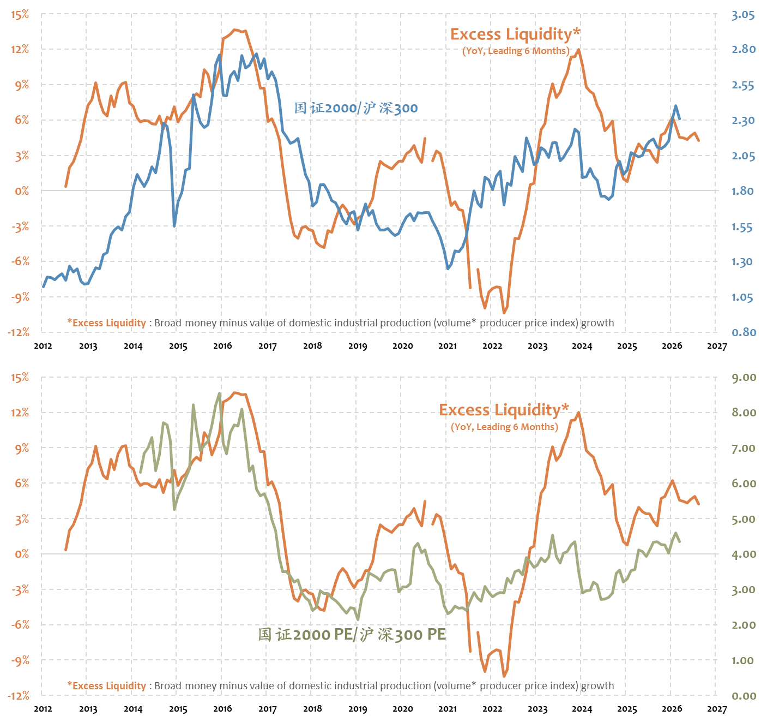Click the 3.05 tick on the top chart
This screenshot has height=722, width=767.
(x=743, y=15)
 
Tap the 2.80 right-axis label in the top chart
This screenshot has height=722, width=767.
(x=744, y=49)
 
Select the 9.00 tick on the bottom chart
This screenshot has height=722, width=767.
(x=744, y=378)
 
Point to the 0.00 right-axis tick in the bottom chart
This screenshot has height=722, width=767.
(x=744, y=696)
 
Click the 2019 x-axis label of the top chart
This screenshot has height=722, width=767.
(x=358, y=346)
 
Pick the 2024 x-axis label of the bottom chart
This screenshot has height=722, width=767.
(x=582, y=709)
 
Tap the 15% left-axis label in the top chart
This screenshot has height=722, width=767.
(x=20, y=15)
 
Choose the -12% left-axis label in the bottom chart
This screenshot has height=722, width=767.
(x=19, y=696)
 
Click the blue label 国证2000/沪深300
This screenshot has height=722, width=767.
(x=356, y=108)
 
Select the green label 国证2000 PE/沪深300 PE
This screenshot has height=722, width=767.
(x=352, y=634)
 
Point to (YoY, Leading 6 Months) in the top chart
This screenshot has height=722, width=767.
(x=516, y=51)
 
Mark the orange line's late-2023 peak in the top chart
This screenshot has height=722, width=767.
(x=578, y=50)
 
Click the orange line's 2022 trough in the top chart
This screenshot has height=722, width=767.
(x=504, y=313)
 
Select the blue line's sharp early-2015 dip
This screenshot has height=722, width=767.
(x=174, y=225)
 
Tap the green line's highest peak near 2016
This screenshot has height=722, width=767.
(x=220, y=393)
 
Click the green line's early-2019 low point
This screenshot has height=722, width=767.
(x=358, y=619)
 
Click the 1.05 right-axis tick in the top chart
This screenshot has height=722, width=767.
(x=742, y=297)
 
